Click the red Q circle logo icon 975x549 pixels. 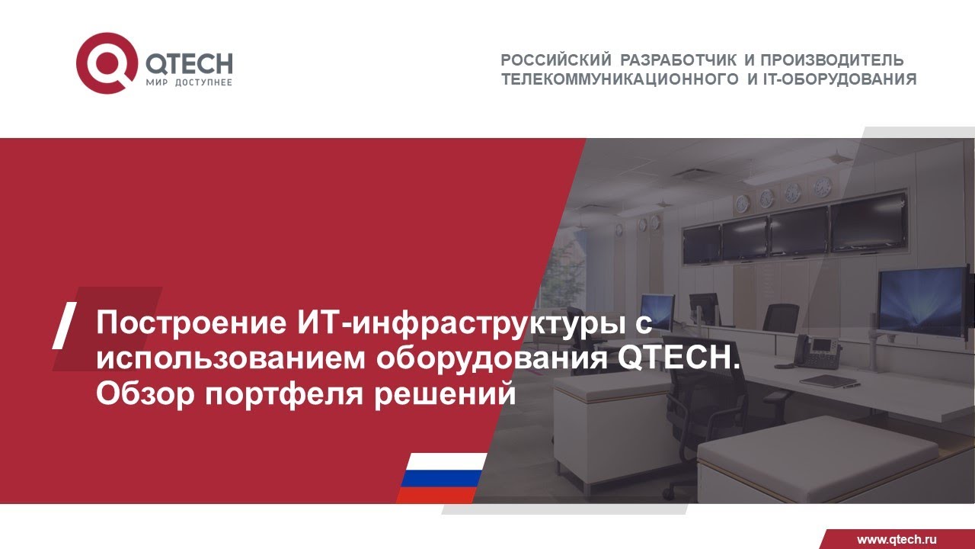[x=107, y=64]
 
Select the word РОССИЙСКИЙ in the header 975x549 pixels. [x=557, y=60]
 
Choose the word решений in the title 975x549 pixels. [x=443, y=394]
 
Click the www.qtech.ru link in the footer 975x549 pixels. [x=897, y=539]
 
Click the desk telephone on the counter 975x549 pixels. [x=816, y=352]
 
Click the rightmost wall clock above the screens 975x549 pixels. [x=822, y=186]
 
